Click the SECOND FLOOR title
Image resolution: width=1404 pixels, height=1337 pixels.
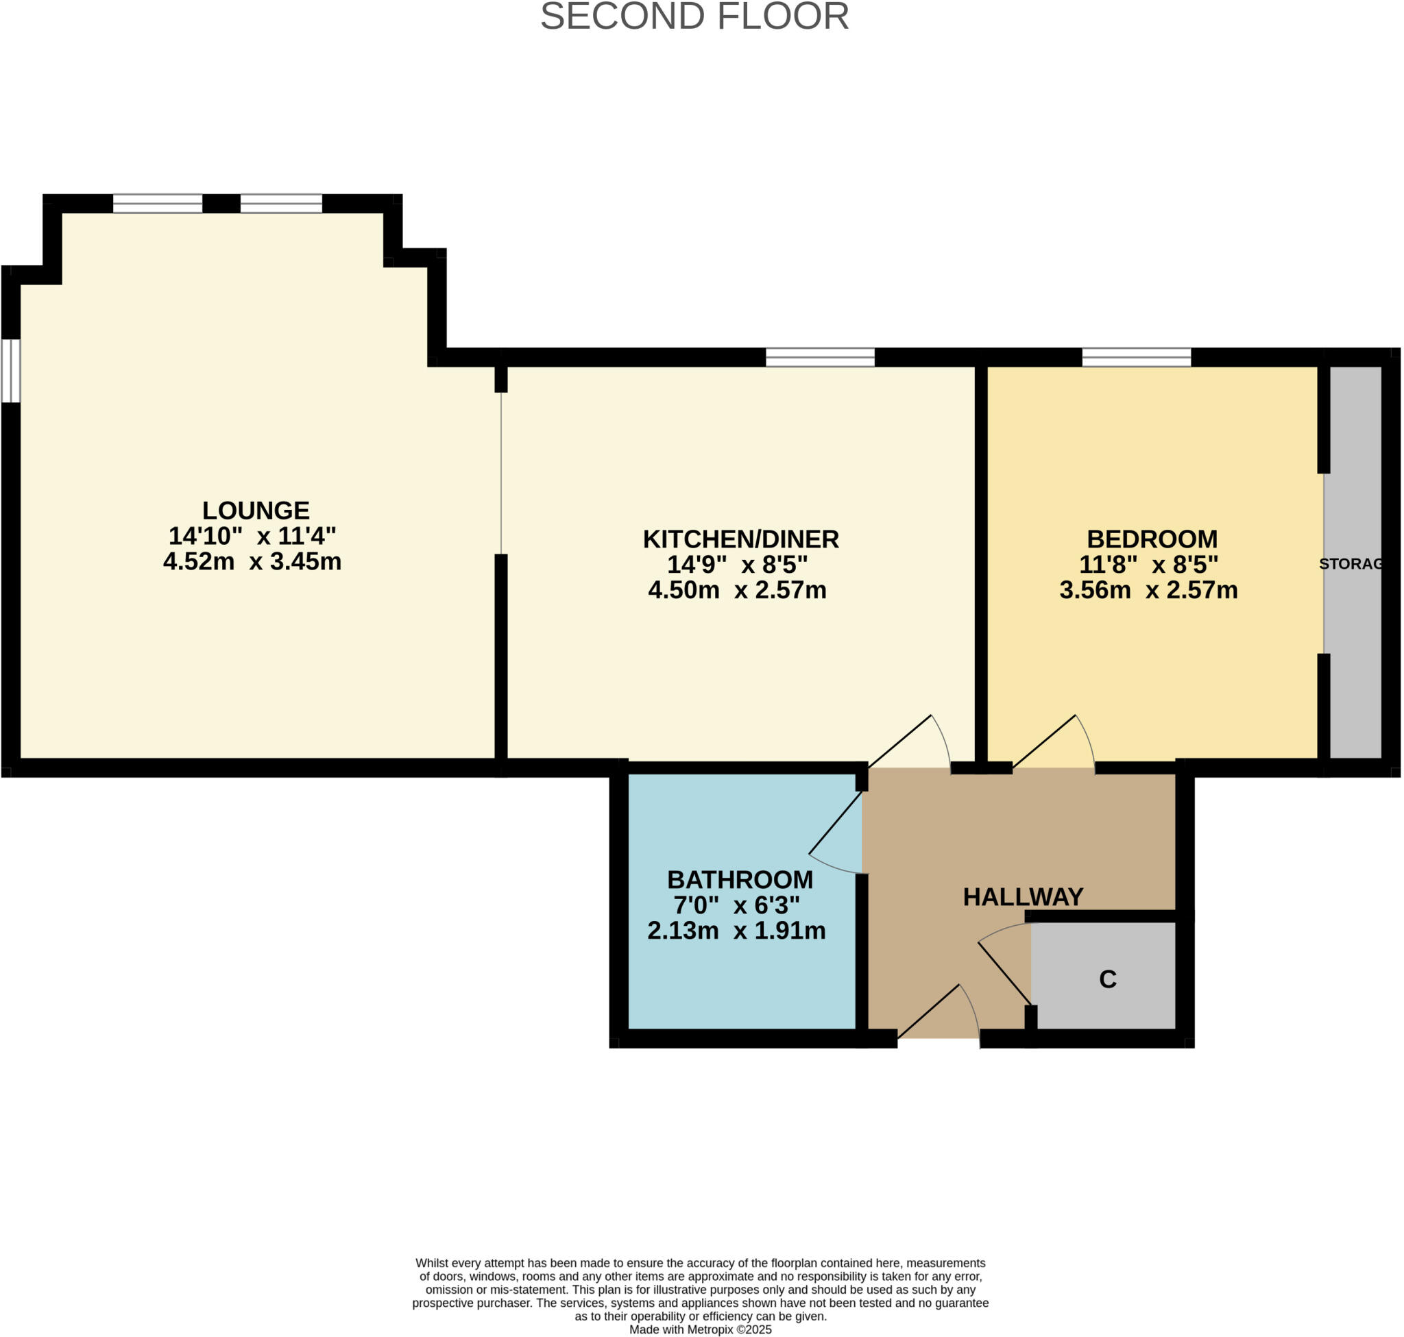pyautogui.click(x=694, y=17)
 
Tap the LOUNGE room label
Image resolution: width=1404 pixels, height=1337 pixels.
pyautogui.click(x=255, y=511)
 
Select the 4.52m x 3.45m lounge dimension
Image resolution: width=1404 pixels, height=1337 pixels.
pyautogui.click(x=252, y=562)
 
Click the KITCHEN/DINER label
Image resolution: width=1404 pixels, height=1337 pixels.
pyautogui.click(x=740, y=539)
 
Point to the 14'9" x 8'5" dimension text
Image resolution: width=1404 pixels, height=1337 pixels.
pyautogui.click(x=736, y=565)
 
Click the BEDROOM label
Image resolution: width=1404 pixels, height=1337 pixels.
pyautogui.click(x=1151, y=539)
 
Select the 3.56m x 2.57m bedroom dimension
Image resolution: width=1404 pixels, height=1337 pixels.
pyautogui.click(x=1148, y=590)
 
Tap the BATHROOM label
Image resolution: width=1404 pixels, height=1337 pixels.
pyautogui.click(x=740, y=879)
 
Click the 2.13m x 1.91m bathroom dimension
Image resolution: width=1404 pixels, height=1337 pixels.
pyautogui.click(x=736, y=931)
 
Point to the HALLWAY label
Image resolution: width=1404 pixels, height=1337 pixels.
pyautogui.click(x=1023, y=896)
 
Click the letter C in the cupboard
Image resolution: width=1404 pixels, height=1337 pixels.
pyautogui.click(x=1106, y=979)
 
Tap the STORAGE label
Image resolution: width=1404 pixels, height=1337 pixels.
pyautogui.click(x=1350, y=564)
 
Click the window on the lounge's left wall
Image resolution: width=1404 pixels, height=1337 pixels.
pyautogui.click(x=11, y=371)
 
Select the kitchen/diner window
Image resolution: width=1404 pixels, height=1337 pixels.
pyautogui.click(x=819, y=357)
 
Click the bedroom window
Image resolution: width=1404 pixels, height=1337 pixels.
pyautogui.click(x=1135, y=357)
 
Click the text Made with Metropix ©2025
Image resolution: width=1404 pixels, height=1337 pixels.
pyautogui.click(x=699, y=1329)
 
